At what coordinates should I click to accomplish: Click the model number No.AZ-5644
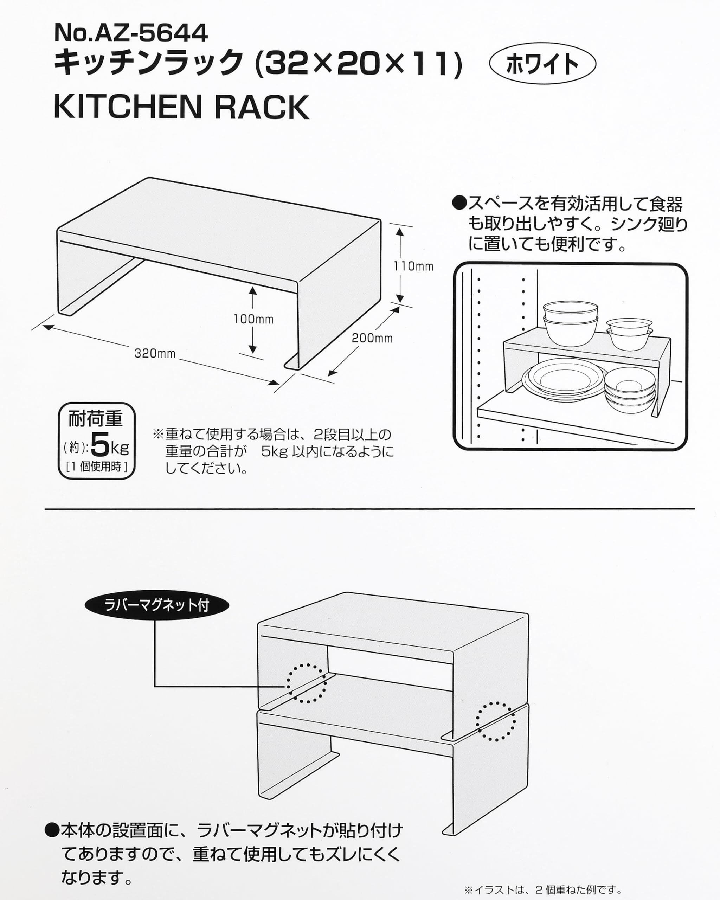[x=131, y=33]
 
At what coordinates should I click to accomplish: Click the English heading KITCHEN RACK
[x=181, y=107]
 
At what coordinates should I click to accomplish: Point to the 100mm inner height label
[x=253, y=319]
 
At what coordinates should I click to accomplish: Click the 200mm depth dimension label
[x=372, y=338]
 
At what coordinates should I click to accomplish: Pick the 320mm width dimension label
[x=155, y=354]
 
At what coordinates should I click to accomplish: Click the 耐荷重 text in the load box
[x=96, y=419]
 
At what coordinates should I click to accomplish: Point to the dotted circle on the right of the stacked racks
[x=495, y=721]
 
